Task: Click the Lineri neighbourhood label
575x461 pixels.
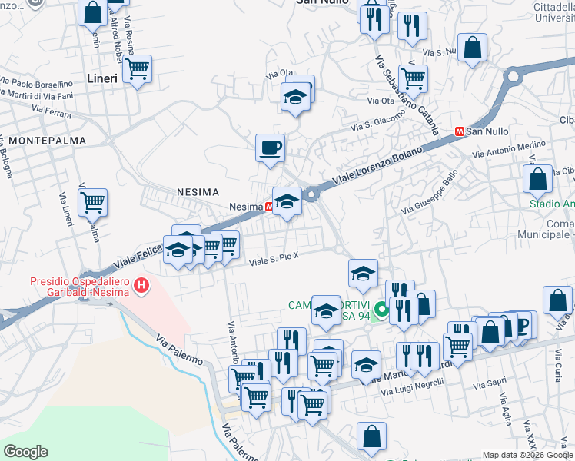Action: click(x=102, y=78)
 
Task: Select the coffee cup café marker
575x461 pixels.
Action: click(x=269, y=147)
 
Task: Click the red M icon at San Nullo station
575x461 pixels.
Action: click(x=459, y=131)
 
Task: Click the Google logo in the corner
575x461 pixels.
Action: click(x=25, y=452)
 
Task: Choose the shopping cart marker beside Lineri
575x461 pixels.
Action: click(x=137, y=69)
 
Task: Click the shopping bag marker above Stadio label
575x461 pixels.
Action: click(x=538, y=178)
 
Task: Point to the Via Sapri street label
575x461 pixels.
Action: click(x=490, y=383)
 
